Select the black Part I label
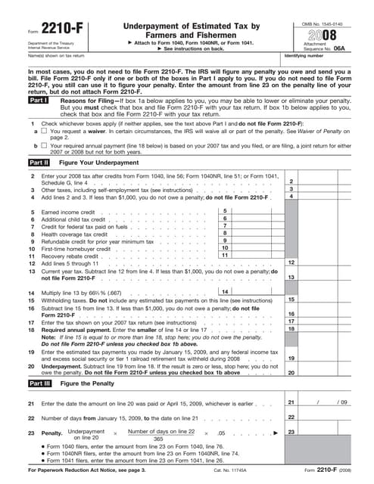point(38,100)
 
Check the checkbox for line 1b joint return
point(44,144)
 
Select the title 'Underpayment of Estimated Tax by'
point(185,26)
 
